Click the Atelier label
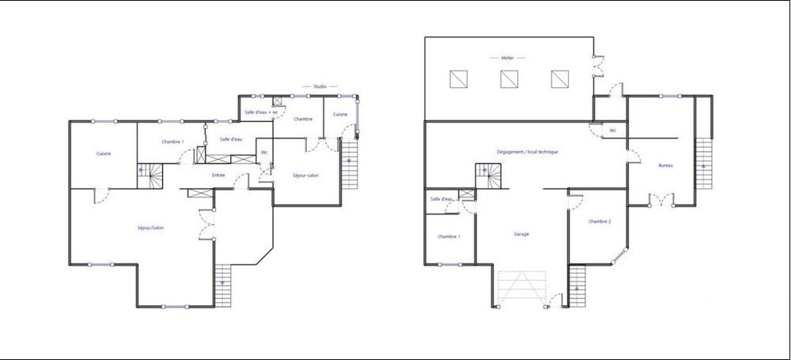pyautogui.click(x=508, y=58)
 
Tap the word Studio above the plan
pyautogui.click(x=320, y=85)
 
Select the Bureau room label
pyautogui.click(x=665, y=165)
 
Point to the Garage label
pyautogui.click(x=521, y=234)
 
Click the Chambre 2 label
pyautogui.click(x=600, y=222)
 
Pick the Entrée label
pyautogui.click(x=218, y=175)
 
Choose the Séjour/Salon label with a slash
pyautogui.click(x=150, y=228)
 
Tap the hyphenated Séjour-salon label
pyautogui.click(x=305, y=175)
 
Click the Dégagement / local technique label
pyautogui.click(x=527, y=151)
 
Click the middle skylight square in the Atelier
pyautogui.click(x=509, y=79)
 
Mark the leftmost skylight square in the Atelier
pyautogui.click(x=458, y=79)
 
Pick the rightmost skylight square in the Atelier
pyautogui.click(x=560, y=79)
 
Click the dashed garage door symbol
pyautogui.click(x=521, y=288)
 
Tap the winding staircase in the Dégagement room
pyautogui.click(x=488, y=176)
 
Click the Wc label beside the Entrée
pyautogui.click(x=264, y=152)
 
